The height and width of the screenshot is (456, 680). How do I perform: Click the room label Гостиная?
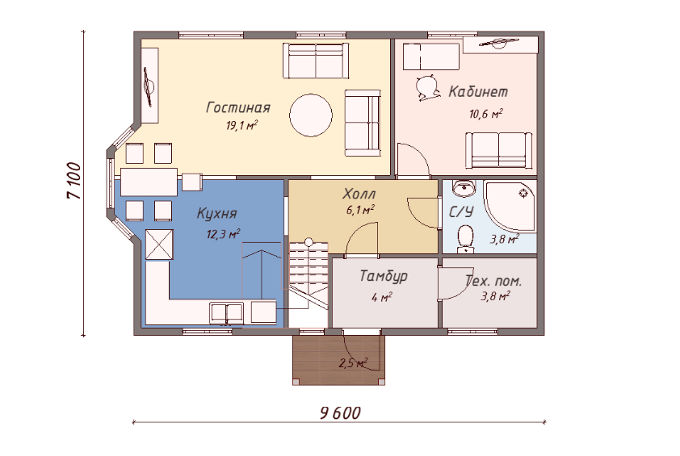[x=238, y=107]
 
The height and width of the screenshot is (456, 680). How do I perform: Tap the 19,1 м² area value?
[x=241, y=126]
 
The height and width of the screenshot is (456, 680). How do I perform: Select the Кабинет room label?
[x=478, y=91]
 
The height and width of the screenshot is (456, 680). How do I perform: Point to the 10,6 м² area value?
[x=485, y=114]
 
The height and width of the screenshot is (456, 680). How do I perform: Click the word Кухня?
[x=216, y=213]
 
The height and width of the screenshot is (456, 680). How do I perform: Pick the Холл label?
[x=359, y=194]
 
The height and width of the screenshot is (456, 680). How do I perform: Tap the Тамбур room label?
[x=384, y=277]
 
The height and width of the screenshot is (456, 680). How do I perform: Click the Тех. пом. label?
[x=493, y=282]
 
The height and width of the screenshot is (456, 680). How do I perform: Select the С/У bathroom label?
[x=461, y=212]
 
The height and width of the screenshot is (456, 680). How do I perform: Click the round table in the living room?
[x=311, y=115]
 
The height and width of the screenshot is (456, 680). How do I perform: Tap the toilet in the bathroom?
[x=466, y=238]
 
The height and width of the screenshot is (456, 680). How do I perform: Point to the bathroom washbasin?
[x=464, y=188]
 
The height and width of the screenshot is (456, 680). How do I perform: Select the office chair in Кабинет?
[x=426, y=88]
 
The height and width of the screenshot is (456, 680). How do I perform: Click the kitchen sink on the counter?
[x=226, y=313]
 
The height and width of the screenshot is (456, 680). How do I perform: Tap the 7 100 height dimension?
[x=74, y=181]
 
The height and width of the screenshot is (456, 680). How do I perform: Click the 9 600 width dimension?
[x=341, y=413]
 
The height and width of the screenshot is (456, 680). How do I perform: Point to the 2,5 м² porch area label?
[x=354, y=363]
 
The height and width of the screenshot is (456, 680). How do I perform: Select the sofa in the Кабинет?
[x=499, y=150]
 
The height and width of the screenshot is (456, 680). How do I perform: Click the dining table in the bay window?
[x=149, y=182]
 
